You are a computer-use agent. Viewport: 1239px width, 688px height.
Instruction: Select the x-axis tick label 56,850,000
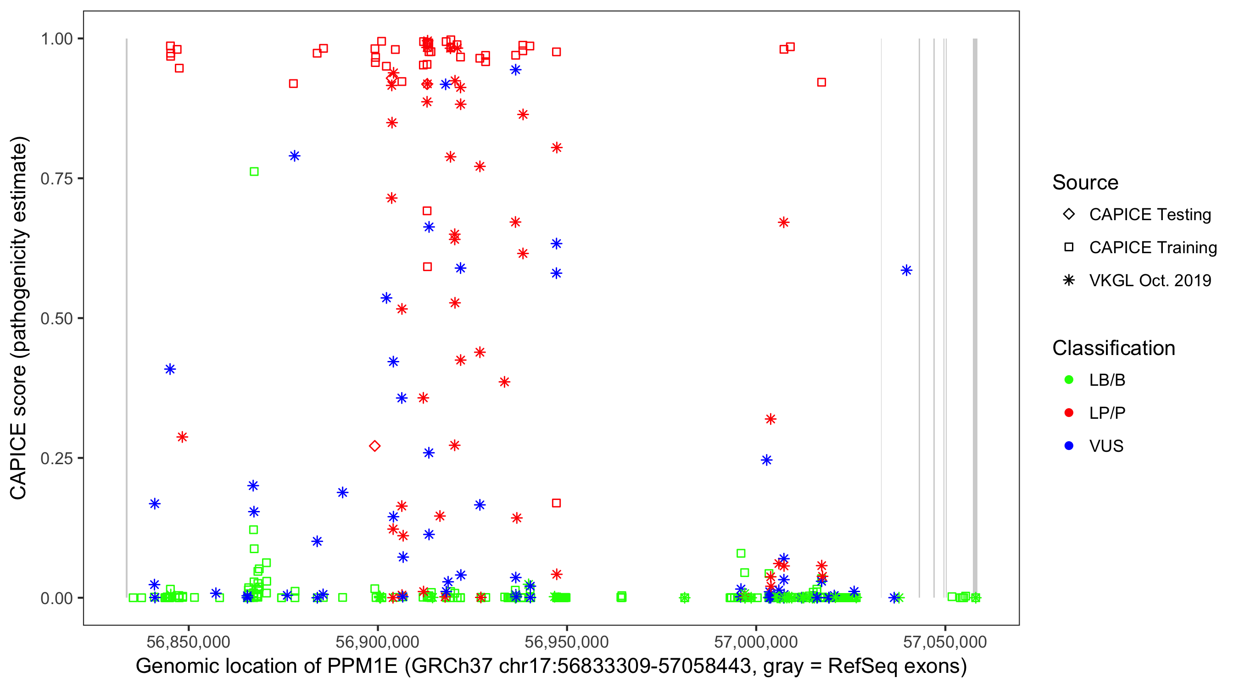click(188, 642)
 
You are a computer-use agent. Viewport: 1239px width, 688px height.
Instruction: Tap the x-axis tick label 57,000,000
click(756, 642)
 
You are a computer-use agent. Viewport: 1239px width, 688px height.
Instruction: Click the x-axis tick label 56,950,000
click(567, 642)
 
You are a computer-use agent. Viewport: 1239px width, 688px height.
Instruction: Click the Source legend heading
click(1085, 183)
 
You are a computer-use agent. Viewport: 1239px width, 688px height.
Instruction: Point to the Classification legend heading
click(1113, 348)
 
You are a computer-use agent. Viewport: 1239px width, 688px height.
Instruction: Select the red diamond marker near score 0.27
click(374, 446)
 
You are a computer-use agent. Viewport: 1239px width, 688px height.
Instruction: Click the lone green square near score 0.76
click(254, 172)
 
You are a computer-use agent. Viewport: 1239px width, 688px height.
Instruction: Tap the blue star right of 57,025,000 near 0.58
click(906, 270)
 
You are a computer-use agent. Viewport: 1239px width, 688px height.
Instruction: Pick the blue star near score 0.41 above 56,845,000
click(170, 369)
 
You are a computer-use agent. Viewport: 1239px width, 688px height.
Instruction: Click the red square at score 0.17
click(557, 503)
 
